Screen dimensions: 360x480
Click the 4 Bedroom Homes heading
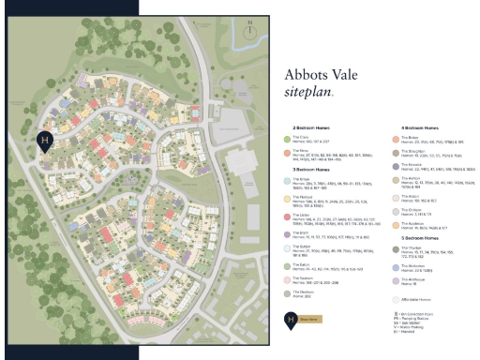pos(421,127)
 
